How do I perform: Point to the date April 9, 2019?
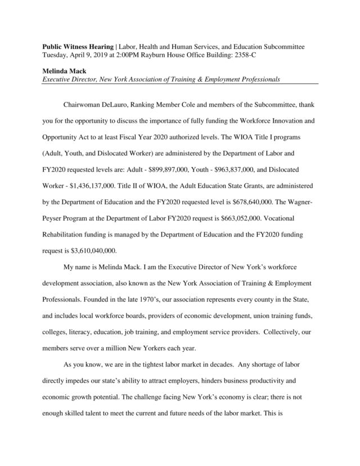pyautogui.click(x=88, y=55)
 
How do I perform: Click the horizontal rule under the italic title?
pyautogui.click(x=181, y=84)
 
